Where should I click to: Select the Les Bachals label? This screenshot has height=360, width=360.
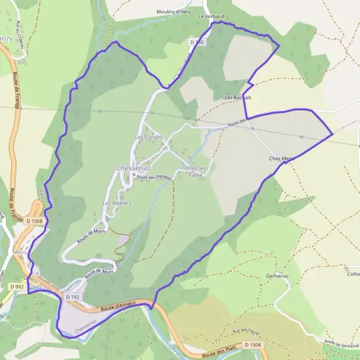click(x=238, y=97)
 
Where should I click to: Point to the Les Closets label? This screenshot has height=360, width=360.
click(x=148, y=137)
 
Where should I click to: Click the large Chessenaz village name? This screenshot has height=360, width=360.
click(x=134, y=169)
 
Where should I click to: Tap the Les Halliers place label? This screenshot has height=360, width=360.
click(x=117, y=203)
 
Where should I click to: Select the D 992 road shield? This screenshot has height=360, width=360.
click(x=17, y=287)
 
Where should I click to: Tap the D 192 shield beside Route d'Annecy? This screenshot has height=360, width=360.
click(x=72, y=297)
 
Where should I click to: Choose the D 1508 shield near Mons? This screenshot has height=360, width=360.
click(x=34, y=221)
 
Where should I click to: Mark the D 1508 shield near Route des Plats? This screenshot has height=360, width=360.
click(x=253, y=345)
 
